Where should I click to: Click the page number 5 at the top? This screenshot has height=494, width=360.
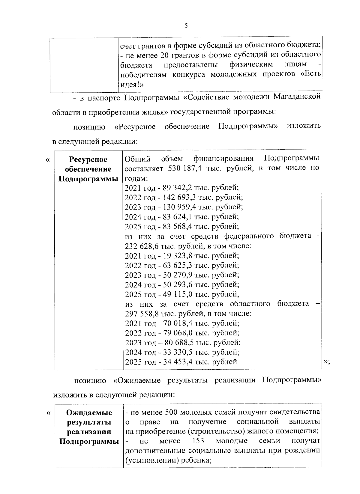186,26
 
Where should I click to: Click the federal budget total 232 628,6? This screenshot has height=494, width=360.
140,246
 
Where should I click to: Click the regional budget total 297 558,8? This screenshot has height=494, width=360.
140,314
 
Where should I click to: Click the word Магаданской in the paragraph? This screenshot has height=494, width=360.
297,97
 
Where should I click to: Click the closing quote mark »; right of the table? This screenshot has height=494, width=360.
327,362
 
